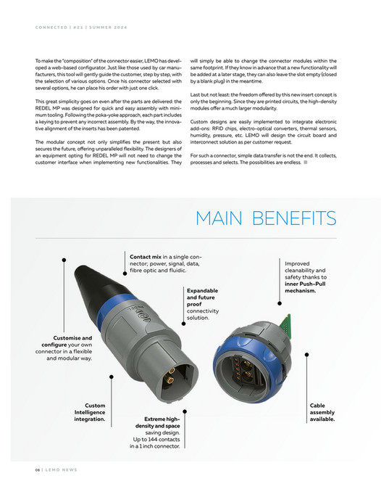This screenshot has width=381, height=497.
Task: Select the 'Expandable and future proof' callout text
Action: (202, 303)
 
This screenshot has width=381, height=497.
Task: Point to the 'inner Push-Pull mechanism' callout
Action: (305, 277)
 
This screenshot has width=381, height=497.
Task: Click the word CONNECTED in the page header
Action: (51, 28)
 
